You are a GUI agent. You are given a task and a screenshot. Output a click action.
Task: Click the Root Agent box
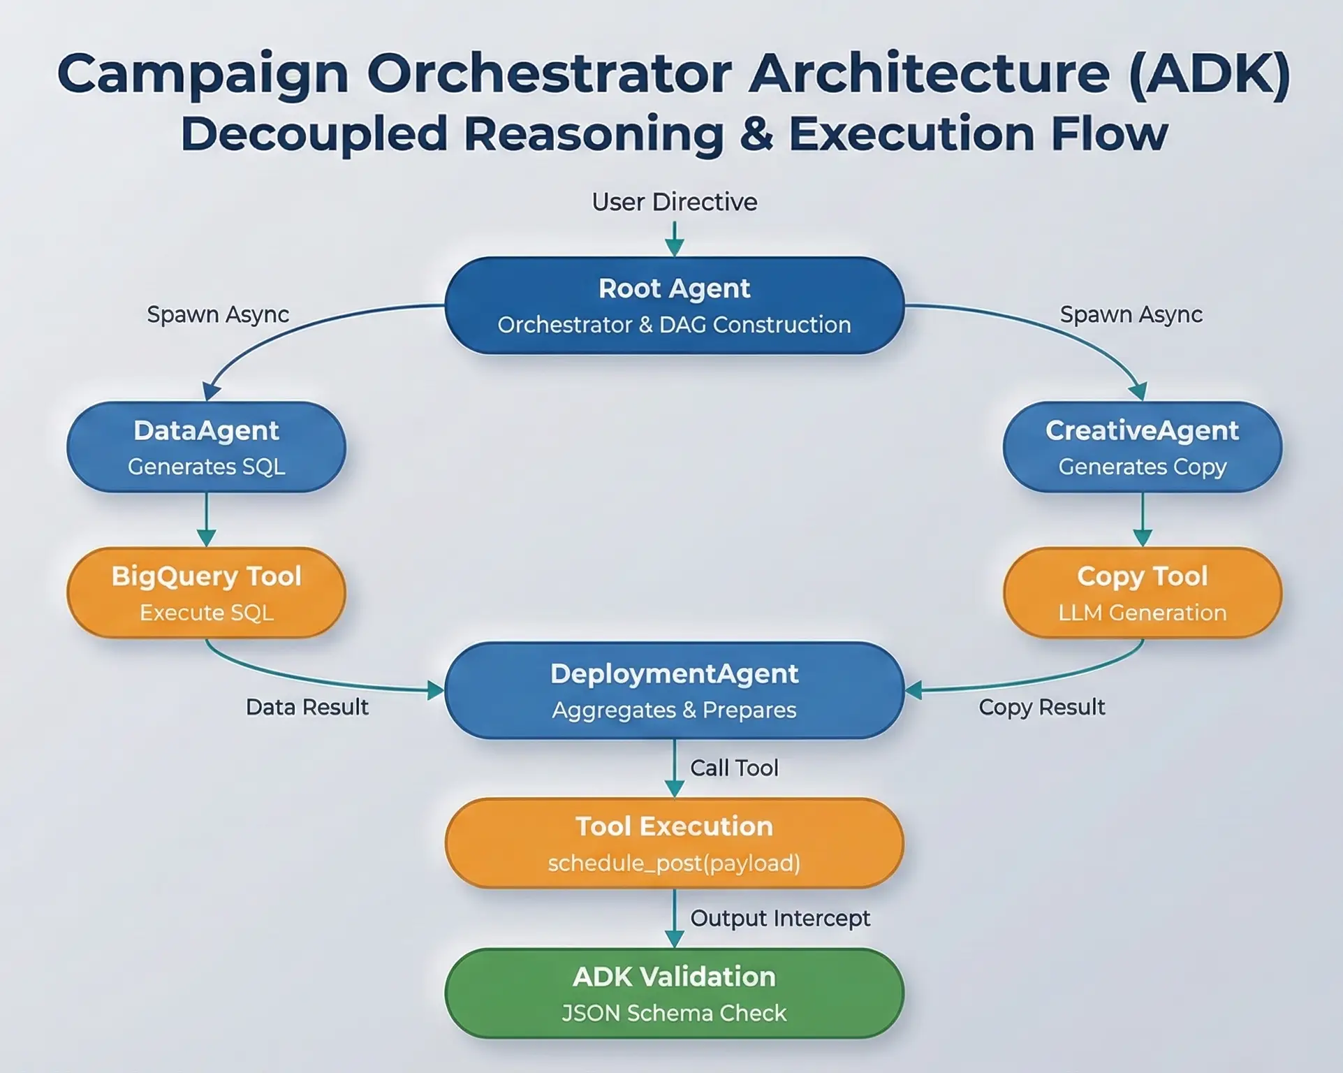click(674, 305)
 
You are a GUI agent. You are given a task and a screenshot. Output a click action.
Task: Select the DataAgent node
click(206, 447)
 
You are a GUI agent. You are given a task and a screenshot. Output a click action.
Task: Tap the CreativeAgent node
click(1142, 447)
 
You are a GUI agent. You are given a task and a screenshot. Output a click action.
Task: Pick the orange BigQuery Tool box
click(206, 592)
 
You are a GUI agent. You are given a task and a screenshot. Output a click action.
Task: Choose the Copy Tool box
click(1142, 592)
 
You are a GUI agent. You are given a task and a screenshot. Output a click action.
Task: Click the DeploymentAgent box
click(674, 690)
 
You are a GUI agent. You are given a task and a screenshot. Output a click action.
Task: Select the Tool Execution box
click(674, 843)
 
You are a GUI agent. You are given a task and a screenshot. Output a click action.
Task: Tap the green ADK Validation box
click(674, 993)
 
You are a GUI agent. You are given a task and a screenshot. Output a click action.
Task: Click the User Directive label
click(674, 202)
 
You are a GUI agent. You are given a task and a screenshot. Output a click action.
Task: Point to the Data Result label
click(307, 707)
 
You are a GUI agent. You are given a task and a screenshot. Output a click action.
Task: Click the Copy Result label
click(1041, 707)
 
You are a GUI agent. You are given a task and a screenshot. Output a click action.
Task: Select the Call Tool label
click(733, 768)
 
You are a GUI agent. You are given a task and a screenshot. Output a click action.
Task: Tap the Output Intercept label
click(779, 918)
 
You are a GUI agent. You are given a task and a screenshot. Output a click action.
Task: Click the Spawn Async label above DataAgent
click(217, 314)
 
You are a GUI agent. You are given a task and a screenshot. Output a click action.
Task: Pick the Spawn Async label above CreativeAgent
click(1131, 314)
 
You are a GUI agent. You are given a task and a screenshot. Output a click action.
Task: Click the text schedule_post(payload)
click(674, 863)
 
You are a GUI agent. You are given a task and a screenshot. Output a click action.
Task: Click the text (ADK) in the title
click(1209, 74)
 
